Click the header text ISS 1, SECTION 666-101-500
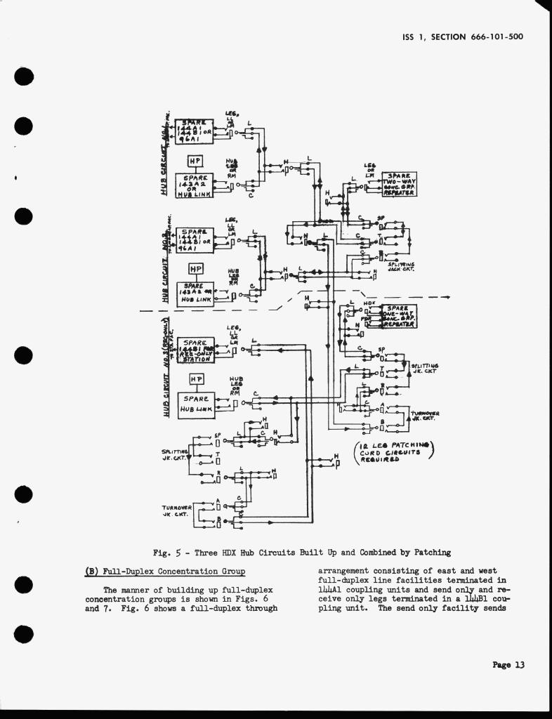(464, 37)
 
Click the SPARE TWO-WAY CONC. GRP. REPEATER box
(399, 183)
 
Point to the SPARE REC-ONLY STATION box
(195, 348)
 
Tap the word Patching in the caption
(429, 553)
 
